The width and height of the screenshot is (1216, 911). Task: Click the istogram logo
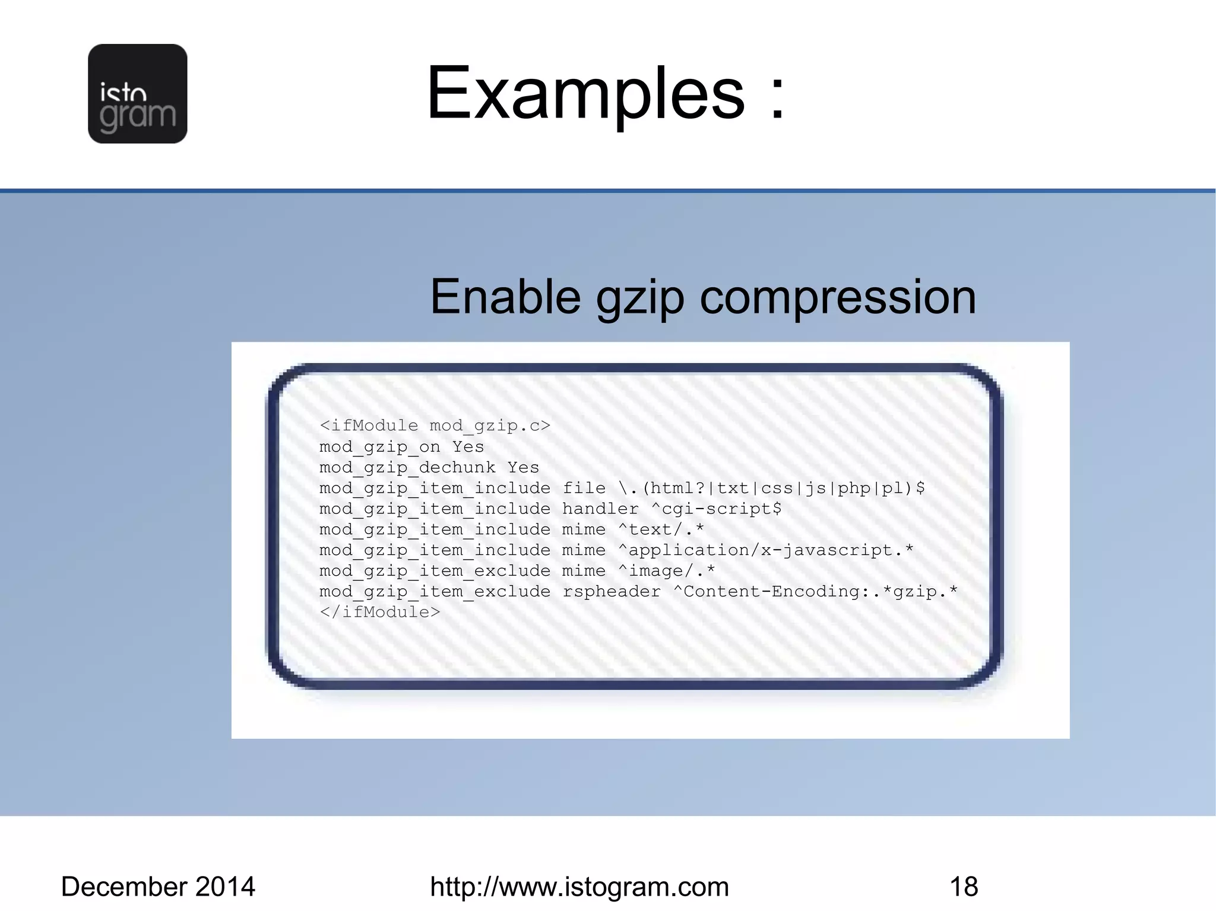pyautogui.click(x=137, y=94)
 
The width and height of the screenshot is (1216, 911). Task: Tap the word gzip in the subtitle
pyautogui.click(x=640, y=298)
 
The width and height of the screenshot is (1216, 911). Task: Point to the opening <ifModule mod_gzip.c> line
pyautogui.click(x=435, y=426)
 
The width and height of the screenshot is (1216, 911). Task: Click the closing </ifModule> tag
pyautogui.click(x=380, y=612)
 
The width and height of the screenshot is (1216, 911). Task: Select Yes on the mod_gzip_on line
pyautogui.click(x=468, y=446)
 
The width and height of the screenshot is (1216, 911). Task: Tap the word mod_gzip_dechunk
pyautogui.click(x=407, y=468)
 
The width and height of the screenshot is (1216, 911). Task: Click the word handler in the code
pyautogui.click(x=600, y=509)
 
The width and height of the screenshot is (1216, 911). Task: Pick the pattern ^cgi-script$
pyautogui.click(x=716, y=509)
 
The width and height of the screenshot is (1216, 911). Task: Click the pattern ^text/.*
pyautogui.click(x=661, y=529)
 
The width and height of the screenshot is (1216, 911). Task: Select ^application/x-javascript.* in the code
pyautogui.click(x=765, y=550)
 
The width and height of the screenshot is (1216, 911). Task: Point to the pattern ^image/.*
pyautogui.click(x=666, y=571)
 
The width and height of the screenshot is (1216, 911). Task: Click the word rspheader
pyautogui.click(x=611, y=592)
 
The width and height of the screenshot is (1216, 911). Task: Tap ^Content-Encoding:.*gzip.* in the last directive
pyautogui.click(x=815, y=592)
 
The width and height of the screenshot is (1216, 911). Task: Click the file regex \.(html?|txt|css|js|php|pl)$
pyautogui.click(x=771, y=488)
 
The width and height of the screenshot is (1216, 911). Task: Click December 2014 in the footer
pyautogui.click(x=158, y=887)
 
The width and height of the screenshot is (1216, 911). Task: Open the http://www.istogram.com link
pyautogui.click(x=579, y=887)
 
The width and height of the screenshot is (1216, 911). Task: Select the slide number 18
pyautogui.click(x=964, y=887)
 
